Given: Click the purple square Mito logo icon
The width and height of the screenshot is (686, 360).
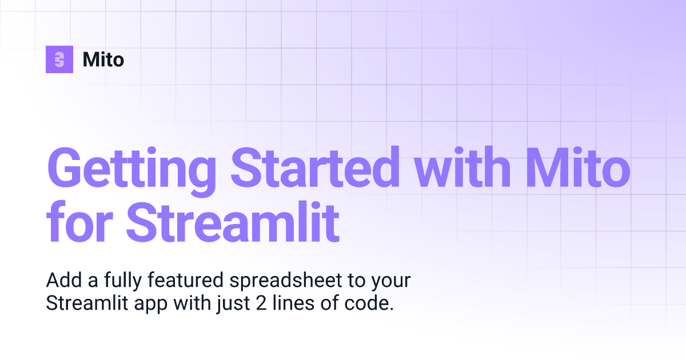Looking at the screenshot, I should pos(59,59).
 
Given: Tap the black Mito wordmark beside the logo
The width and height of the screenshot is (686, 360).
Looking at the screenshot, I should pos(103,59).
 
